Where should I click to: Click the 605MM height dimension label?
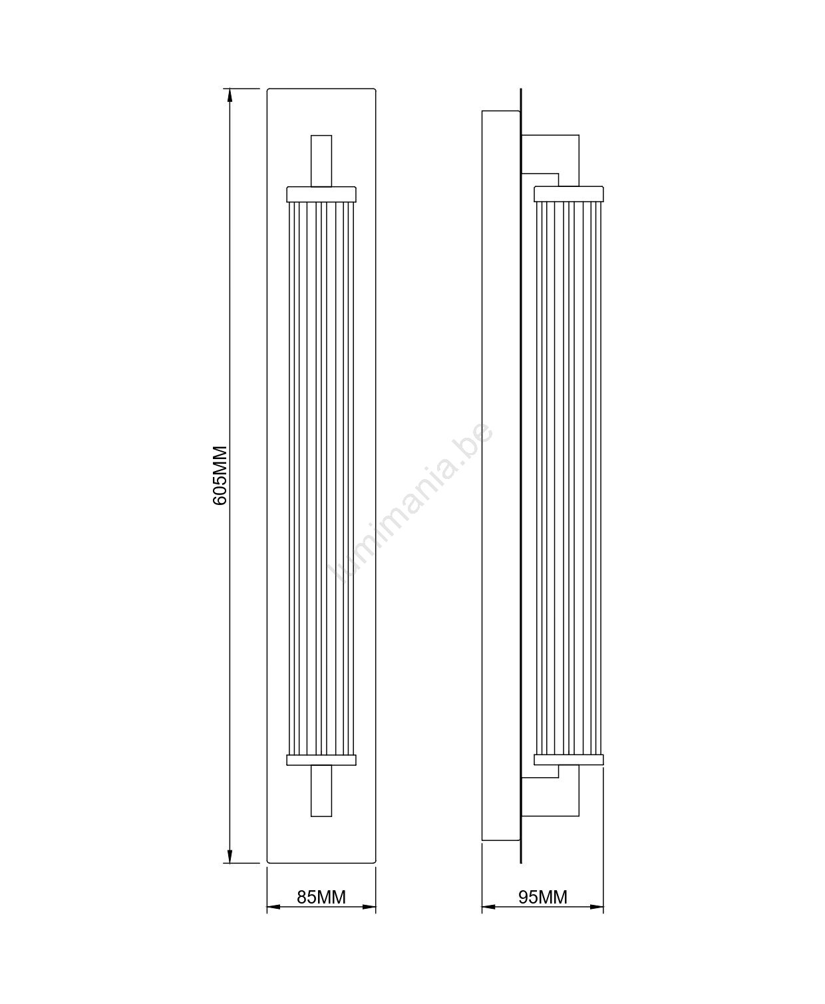pyautogui.click(x=220, y=475)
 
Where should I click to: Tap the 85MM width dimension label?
pyautogui.click(x=321, y=898)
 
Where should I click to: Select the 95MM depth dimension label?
pyautogui.click(x=543, y=898)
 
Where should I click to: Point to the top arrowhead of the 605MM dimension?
pyautogui.click(x=230, y=95)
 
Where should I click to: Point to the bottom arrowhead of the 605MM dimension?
pyautogui.click(x=230, y=856)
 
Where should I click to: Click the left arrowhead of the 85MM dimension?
pyautogui.click(x=273, y=907)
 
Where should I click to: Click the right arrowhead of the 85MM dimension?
pyautogui.click(x=369, y=907)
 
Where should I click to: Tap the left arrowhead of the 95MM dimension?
pyautogui.click(x=489, y=907)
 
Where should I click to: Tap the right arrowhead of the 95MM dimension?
pyautogui.click(x=597, y=907)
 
